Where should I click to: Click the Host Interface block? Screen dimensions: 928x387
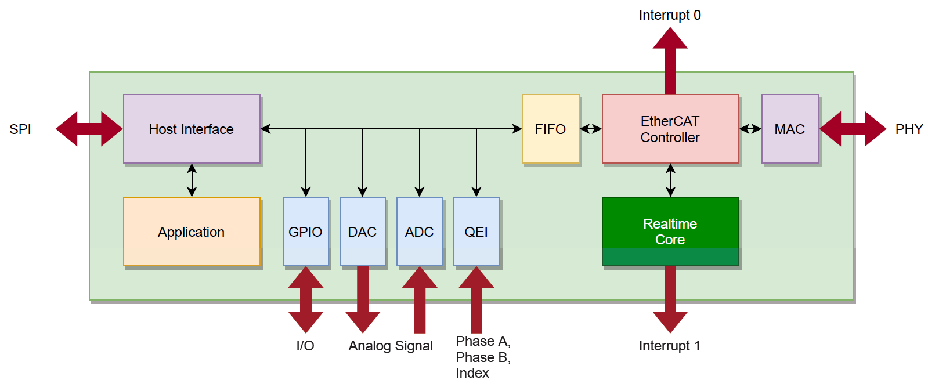click(x=192, y=129)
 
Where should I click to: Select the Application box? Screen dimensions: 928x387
click(x=192, y=232)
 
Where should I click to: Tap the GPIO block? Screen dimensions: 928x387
click(x=306, y=232)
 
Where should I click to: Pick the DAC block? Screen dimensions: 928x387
click(x=363, y=232)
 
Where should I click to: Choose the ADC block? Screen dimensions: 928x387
click(x=420, y=232)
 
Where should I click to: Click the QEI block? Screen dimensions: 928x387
click(x=476, y=232)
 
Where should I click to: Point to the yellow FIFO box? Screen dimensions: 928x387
click(x=551, y=129)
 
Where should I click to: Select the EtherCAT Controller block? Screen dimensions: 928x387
click(x=670, y=129)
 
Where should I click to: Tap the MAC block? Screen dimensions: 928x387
click(x=790, y=129)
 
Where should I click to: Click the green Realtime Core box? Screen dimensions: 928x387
click(x=670, y=232)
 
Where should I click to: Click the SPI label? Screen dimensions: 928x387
click(x=20, y=129)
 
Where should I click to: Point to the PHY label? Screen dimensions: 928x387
click(x=909, y=129)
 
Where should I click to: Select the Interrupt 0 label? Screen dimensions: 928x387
click(x=670, y=15)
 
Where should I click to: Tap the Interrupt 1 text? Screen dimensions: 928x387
click(x=670, y=346)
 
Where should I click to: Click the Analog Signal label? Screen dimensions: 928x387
click(x=390, y=346)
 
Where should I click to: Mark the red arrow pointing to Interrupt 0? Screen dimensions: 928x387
click(x=670, y=61)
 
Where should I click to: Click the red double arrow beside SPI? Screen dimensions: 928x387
click(x=89, y=129)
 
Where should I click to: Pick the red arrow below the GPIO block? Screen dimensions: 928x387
click(x=306, y=299)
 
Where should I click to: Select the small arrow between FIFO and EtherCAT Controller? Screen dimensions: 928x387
click(x=591, y=129)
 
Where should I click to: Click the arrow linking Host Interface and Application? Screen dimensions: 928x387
click(x=192, y=180)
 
